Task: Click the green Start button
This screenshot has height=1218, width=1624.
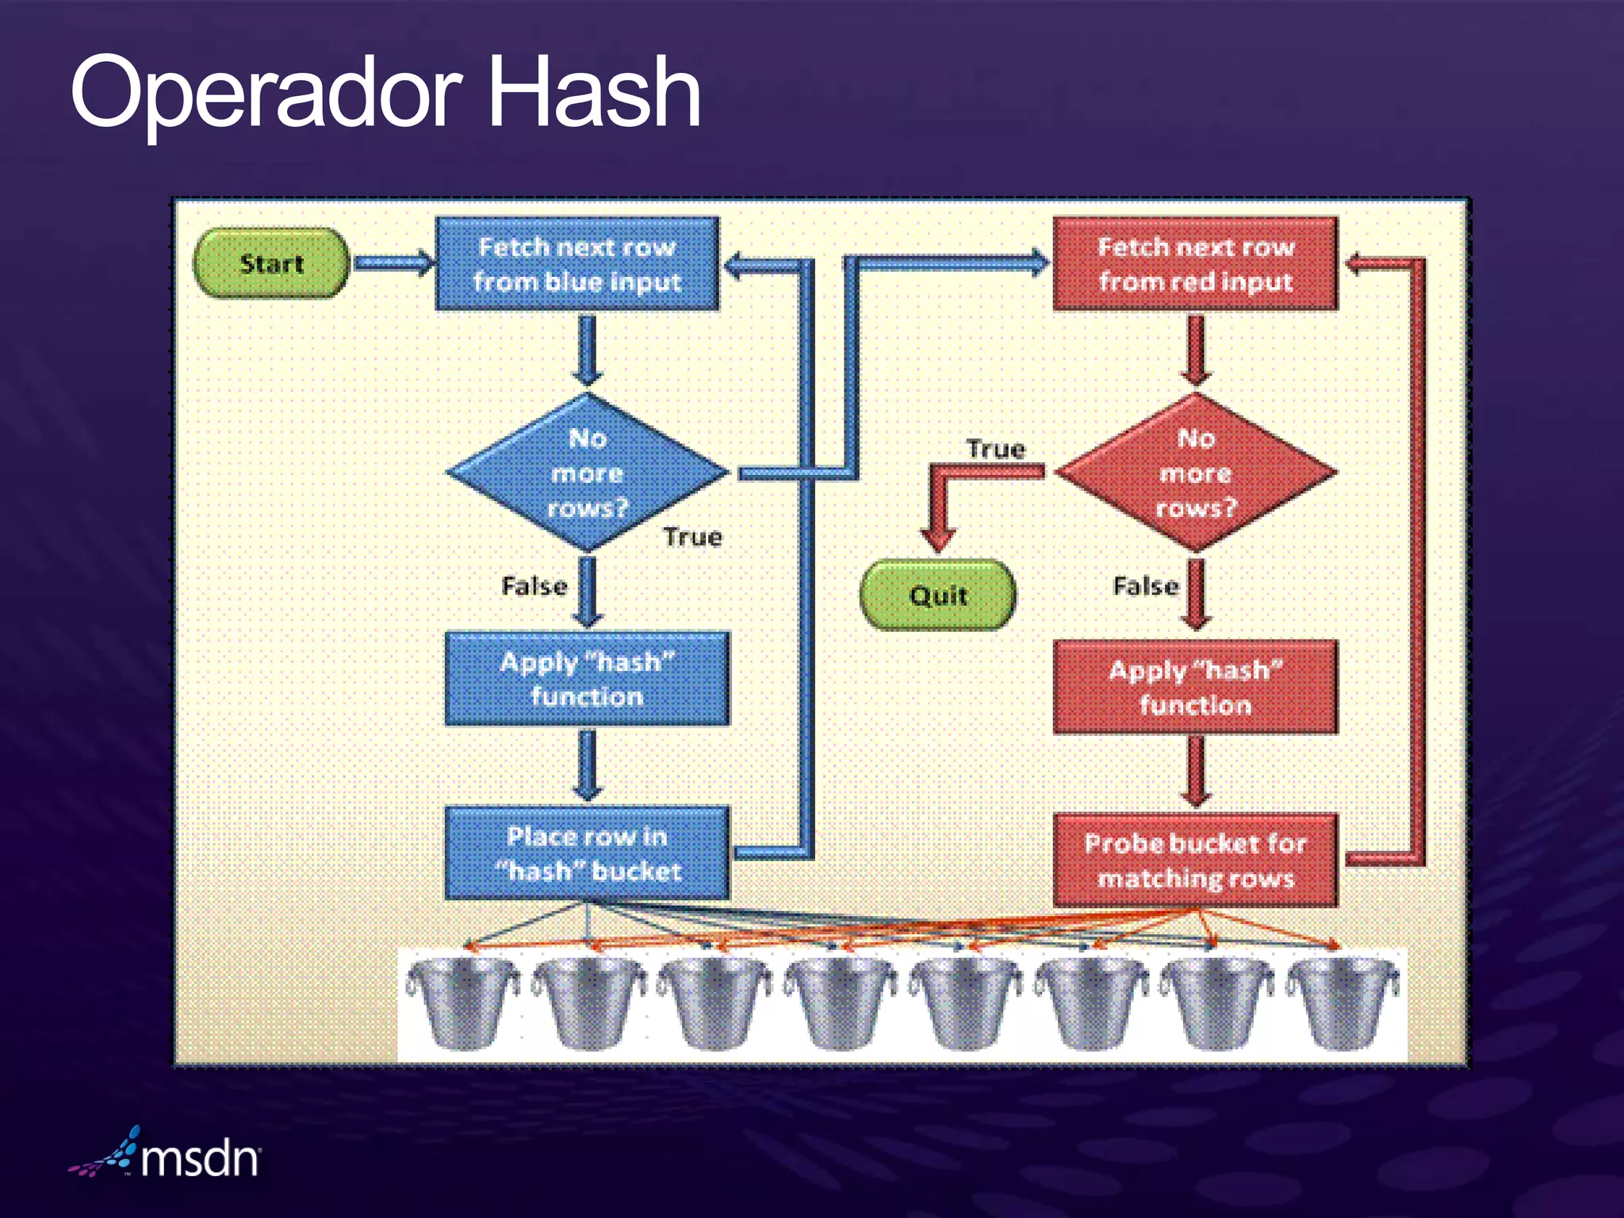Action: (x=271, y=263)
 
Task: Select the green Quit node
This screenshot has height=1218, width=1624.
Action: (x=938, y=595)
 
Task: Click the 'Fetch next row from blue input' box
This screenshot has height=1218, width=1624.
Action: (x=577, y=264)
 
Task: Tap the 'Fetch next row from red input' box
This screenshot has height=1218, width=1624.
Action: (x=1195, y=264)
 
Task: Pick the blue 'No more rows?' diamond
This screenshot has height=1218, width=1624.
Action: (x=587, y=473)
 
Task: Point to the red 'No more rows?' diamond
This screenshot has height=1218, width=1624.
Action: (x=1196, y=473)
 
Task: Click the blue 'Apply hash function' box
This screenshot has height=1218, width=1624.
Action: (x=587, y=679)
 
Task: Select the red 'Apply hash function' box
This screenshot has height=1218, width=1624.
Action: (x=1195, y=688)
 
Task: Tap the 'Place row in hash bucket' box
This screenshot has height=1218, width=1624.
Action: (x=587, y=853)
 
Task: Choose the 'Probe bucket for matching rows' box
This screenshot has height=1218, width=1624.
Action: (x=1195, y=860)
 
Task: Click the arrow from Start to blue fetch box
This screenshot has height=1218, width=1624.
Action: (x=393, y=263)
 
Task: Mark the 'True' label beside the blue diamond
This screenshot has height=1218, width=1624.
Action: (x=693, y=538)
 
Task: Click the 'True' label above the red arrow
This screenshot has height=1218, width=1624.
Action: (x=995, y=450)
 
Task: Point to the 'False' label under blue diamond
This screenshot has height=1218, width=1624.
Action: (x=534, y=587)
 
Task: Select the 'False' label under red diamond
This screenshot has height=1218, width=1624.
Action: (x=1146, y=587)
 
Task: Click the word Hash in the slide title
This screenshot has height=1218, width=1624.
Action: (x=594, y=93)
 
